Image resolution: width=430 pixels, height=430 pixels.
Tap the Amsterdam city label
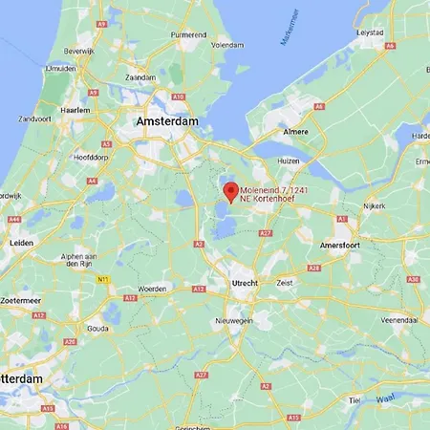[167, 122]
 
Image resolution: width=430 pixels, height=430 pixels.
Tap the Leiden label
[21, 243]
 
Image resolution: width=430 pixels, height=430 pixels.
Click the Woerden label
[152, 288]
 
